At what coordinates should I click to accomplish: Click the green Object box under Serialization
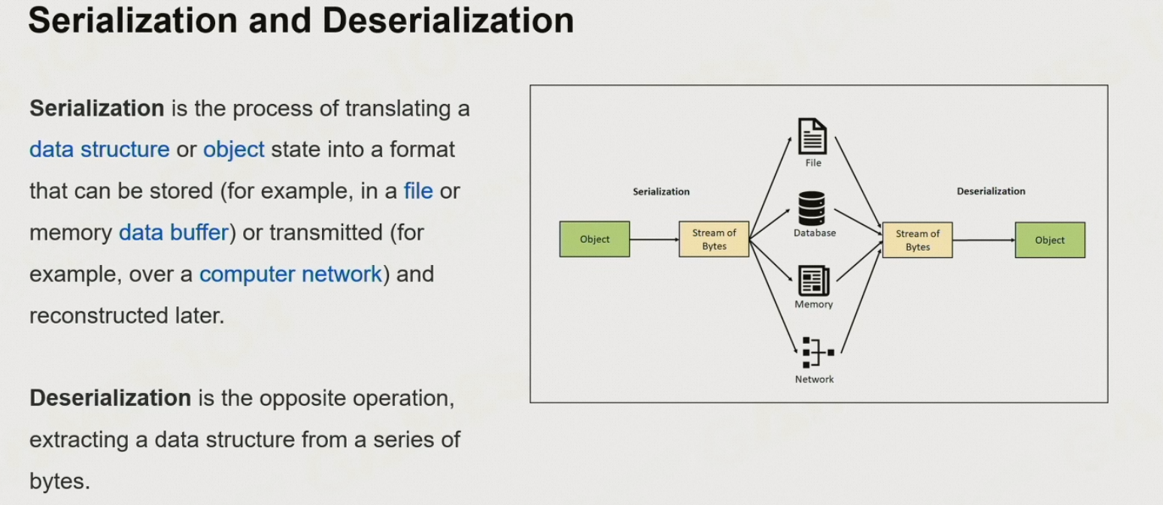(x=594, y=239)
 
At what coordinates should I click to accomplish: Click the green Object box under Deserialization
(x=1049, y=240)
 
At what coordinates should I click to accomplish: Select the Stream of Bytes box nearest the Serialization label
(x=714, y=239)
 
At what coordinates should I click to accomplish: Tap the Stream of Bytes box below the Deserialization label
(x=917, y=240)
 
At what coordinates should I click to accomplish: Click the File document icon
(x=812, y=137)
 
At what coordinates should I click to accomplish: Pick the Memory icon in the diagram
(x=813, y=281)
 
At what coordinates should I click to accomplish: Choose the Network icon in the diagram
(x=815, y=352)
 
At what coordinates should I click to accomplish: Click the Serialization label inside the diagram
(x=660, y=192)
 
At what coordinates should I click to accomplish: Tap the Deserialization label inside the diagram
(x=991, y=192)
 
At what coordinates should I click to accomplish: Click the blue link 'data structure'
(x=99, y=150)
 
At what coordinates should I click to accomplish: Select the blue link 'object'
(x=234, y=150)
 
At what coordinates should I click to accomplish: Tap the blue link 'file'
(x=418, y=191)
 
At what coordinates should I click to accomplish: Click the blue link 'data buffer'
(x=173, y=233)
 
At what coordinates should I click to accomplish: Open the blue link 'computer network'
(x=290, y=274)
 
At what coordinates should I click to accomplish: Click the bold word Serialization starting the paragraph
(x=96, y=108)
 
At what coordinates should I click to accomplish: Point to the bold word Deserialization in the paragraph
(x=110, y=397)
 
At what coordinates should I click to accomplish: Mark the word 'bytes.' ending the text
(x=59, y=481)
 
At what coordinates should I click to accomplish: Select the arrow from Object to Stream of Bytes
(x=654, y=239)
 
